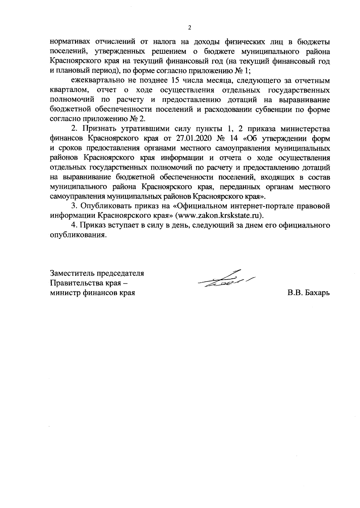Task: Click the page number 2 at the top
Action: [x=189, y=28]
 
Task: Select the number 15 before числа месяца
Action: [x=176, y=81]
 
